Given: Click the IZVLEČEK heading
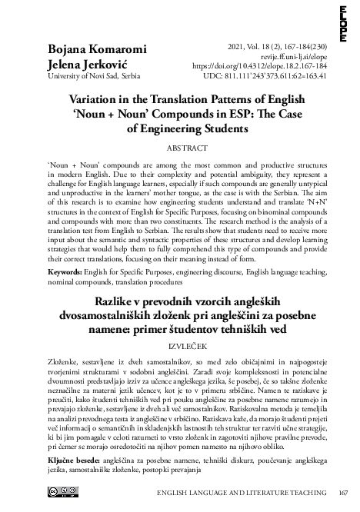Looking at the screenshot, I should click(179, 348).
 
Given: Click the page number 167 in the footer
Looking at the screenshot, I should click(343, 494).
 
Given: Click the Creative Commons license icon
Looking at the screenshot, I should click(63, 492).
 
